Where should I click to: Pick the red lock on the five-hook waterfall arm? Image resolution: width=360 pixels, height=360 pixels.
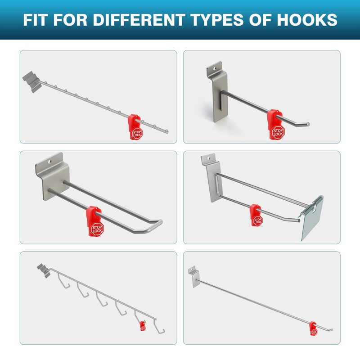pos(142,325)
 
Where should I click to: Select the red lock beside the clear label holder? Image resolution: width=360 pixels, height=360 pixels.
pos(257,215)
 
